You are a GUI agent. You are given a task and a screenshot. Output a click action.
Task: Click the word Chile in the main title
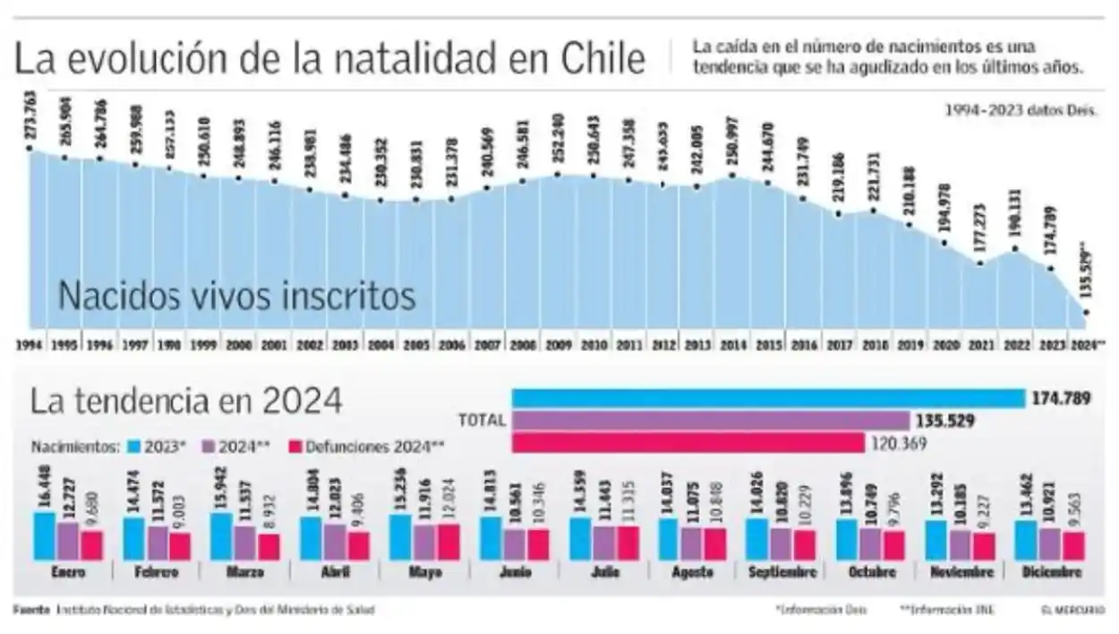[x=603, y=60]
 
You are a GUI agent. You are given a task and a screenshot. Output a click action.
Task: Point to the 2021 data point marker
[x=980, y=263]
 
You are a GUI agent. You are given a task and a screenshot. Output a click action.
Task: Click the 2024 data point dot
[x=1087, y=313]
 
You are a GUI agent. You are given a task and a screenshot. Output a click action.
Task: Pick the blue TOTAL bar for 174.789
[x=768, y=398]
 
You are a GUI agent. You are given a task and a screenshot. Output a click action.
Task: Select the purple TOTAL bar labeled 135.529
[x=710, y=420]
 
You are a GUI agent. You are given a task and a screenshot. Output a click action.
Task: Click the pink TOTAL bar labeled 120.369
[x=688, y=442]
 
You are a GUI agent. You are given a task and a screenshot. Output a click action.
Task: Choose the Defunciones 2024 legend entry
[x=367, y=445]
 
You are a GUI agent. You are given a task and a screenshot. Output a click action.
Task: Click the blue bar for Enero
[x=45, y=535]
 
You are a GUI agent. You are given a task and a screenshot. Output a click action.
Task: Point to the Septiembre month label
[x=781, y=572]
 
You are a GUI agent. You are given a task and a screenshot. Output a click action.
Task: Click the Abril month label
[x=336, y=572]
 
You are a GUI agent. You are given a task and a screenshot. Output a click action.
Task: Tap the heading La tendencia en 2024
[x=186, y=400]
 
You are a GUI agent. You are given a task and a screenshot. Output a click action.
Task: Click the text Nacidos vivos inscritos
[x=236, y=296]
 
